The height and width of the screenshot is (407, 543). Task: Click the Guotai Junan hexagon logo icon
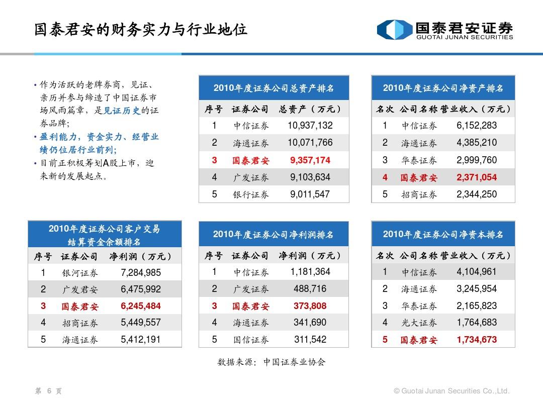[x=394, y=30]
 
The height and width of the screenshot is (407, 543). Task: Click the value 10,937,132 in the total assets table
[x=310, y=126]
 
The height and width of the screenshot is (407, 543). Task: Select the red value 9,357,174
[x=310, y=160]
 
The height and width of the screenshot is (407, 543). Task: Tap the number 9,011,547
[x=310, y=194]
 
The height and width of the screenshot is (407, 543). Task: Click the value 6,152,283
[x=477, y=126]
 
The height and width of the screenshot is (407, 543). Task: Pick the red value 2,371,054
[x=477, y=177]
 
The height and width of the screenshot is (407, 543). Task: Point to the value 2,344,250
[x=477, y=194]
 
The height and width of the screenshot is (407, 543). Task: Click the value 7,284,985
[x=141, y=273]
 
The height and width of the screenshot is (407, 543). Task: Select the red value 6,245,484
[x=141, y=306]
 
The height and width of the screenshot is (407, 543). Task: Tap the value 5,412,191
[x=141, y=340]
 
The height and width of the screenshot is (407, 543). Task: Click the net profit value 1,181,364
[x=310, y=272]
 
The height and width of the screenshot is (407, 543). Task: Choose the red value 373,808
[x=310, y=306]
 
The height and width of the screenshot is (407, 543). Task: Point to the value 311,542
[x=310, y=340]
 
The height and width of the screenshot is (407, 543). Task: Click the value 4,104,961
[x=477, y=272]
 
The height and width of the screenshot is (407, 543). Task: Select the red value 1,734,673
[x=477, y=340]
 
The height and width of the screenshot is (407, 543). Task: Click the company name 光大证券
[x=419, y=323]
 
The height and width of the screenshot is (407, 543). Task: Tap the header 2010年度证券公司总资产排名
[x=274, y=88]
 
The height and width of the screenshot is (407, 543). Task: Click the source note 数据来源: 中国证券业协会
[x=271, y=362]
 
